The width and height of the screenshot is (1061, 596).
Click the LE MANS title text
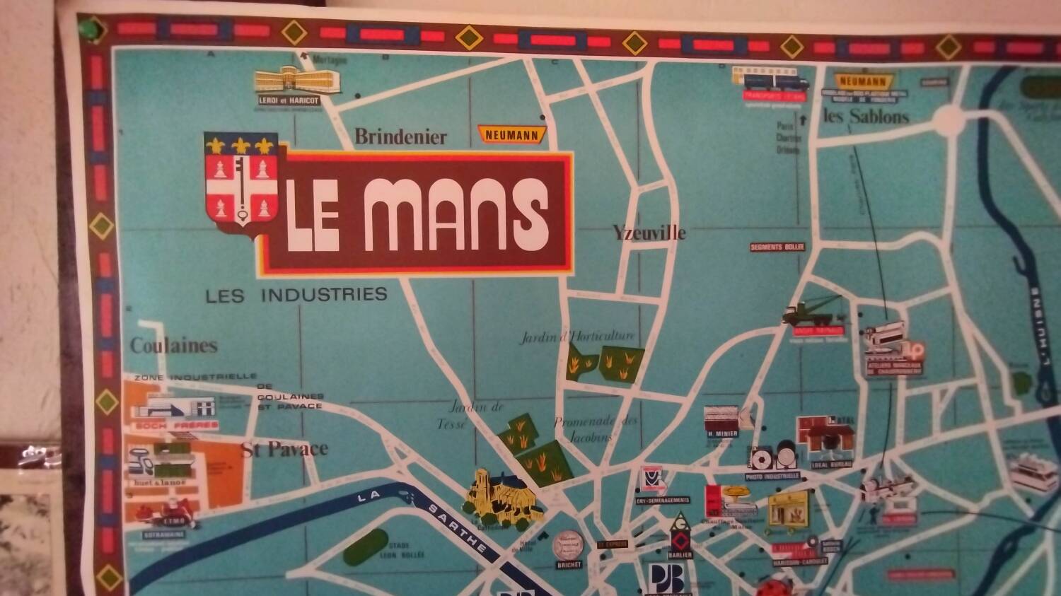click(417, 213)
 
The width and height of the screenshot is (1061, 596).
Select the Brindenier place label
click(400, 136)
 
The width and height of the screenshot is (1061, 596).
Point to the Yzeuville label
click(649, 232)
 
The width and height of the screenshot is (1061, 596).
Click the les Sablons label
click(866, 116)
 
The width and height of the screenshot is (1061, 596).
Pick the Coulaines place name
click(173, 345)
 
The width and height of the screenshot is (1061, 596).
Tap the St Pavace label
click(284, 449)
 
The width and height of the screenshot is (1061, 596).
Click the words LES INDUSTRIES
click(296, 295)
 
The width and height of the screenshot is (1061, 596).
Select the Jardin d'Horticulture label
click(578, 337)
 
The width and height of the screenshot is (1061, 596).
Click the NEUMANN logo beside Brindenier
click(512, 134)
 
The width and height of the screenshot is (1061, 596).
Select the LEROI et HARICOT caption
click(289, 101)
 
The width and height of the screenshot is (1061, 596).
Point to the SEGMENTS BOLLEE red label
click(777, 247)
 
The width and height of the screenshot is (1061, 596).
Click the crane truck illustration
click(811, 311)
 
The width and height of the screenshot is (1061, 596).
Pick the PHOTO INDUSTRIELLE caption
click(772, 477)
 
